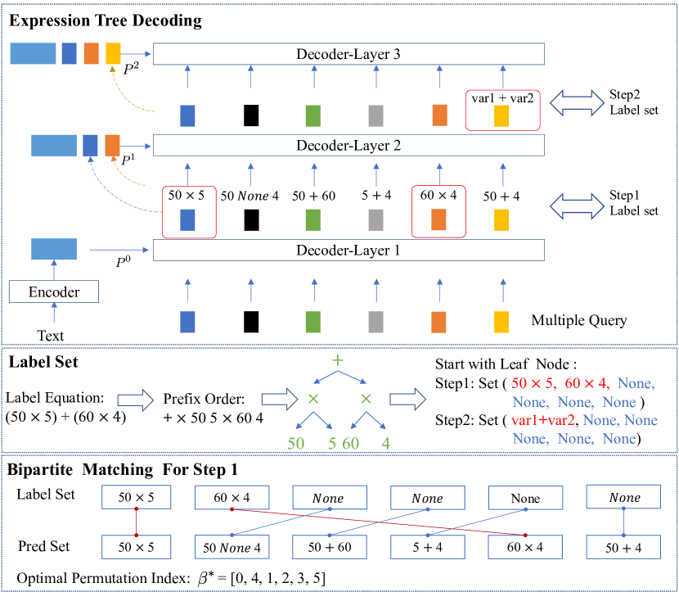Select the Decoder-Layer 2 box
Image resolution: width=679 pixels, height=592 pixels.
click(349, 146)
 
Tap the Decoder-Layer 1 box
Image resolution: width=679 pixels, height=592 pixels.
click(349, 250)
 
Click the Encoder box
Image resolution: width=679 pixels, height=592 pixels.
click(54, 291)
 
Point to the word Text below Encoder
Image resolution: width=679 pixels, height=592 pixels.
click(52, 334)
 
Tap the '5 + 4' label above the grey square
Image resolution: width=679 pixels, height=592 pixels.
click(376, 197)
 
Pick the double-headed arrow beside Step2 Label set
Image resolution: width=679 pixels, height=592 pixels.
click(576, 102)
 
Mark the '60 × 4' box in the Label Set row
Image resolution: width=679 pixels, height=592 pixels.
click(232, 498)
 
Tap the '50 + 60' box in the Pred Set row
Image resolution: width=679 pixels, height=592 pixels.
click(330, 546)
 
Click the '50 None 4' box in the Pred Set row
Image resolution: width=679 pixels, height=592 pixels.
click(232, 546)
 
